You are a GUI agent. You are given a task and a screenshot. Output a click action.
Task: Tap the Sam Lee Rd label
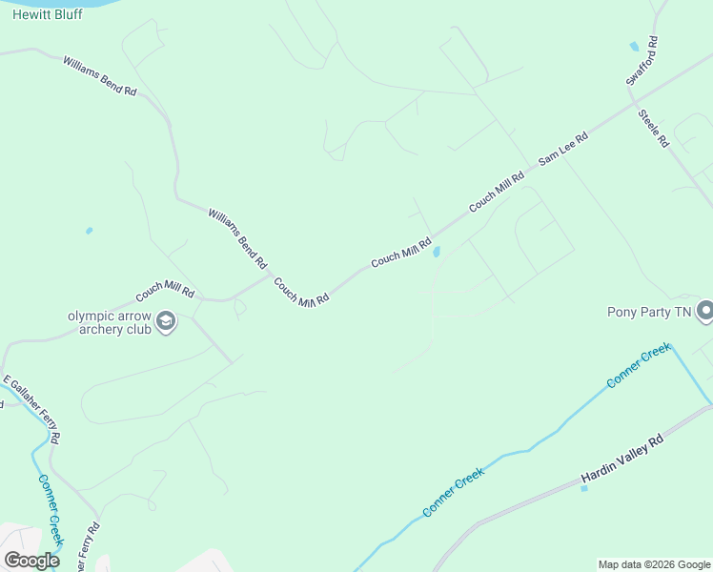pos(563,150)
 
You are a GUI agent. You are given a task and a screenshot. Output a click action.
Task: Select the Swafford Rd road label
pos(642,62)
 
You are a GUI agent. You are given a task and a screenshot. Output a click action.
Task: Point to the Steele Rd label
pos(654,128)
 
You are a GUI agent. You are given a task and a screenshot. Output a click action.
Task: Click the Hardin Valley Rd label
pos(621,460)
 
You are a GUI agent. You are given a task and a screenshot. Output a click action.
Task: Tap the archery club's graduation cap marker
pos(166,321)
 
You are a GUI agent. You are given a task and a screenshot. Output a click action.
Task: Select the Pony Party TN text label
pos(648,312)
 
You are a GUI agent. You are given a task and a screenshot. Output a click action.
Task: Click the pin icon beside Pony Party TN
pos(705,311)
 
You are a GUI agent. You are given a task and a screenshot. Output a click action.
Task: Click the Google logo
pos(31,561)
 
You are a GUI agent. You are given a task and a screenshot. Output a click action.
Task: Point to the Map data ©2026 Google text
pos(655,564)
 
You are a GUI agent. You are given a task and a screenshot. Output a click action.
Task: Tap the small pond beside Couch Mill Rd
pos(437,252)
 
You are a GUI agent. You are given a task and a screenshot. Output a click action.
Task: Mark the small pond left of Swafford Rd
pos(634,46)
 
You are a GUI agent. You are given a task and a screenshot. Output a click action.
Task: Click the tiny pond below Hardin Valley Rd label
pos(584,489)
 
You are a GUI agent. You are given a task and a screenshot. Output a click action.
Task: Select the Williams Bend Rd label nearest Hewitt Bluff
pos(100,75)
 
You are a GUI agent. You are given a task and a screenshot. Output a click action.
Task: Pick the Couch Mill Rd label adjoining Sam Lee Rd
pos(497,192)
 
